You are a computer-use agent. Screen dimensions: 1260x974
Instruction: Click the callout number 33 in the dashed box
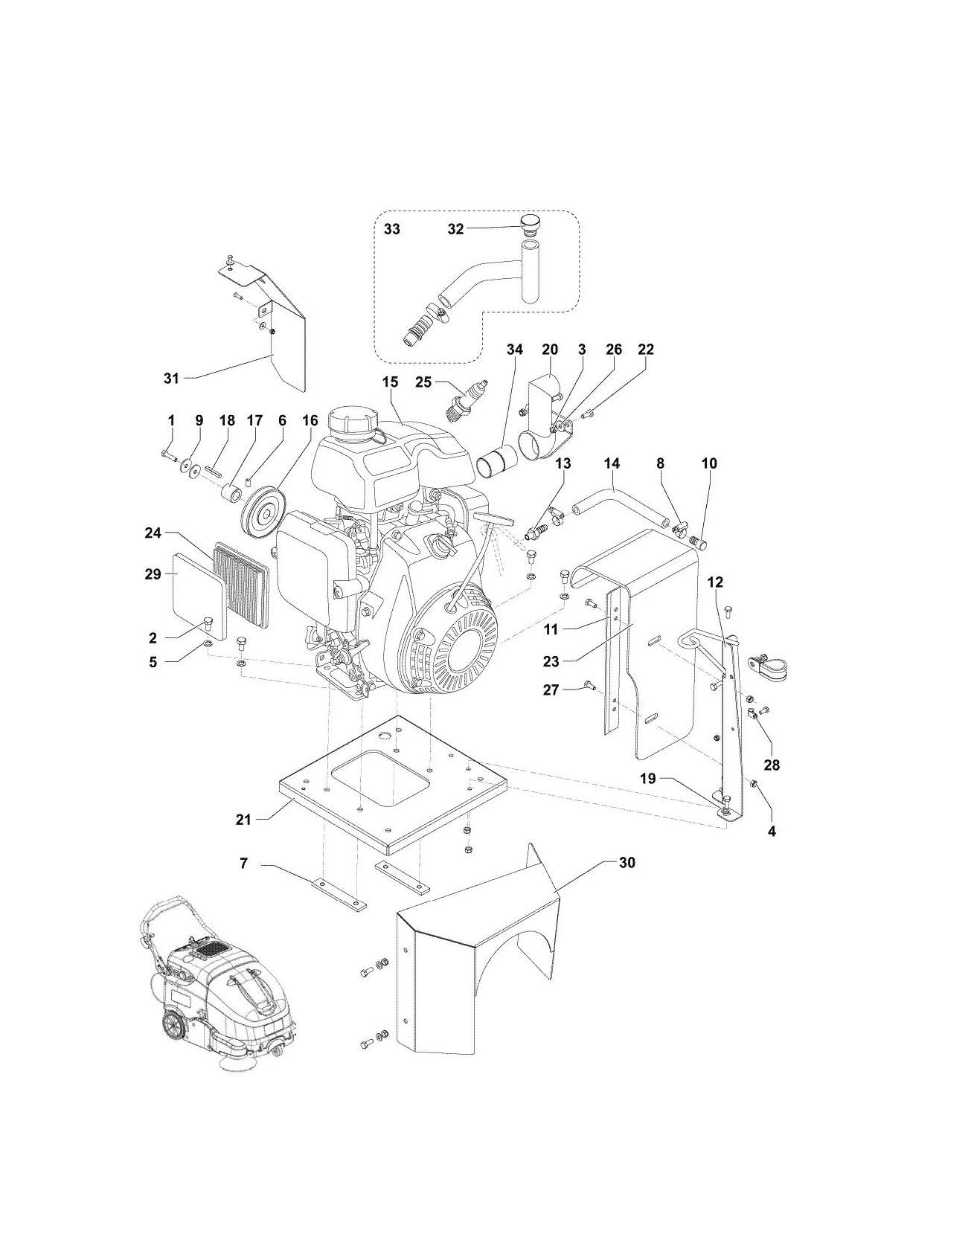point(391,229)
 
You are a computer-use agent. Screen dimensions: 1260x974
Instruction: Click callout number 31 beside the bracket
point(172,378)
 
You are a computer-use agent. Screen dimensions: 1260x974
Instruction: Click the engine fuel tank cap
point(350,424)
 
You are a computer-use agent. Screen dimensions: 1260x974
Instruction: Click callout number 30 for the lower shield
point(627,863)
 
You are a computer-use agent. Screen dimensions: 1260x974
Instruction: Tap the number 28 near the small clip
point(772,765)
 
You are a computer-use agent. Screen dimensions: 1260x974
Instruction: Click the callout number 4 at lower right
point(772,832)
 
